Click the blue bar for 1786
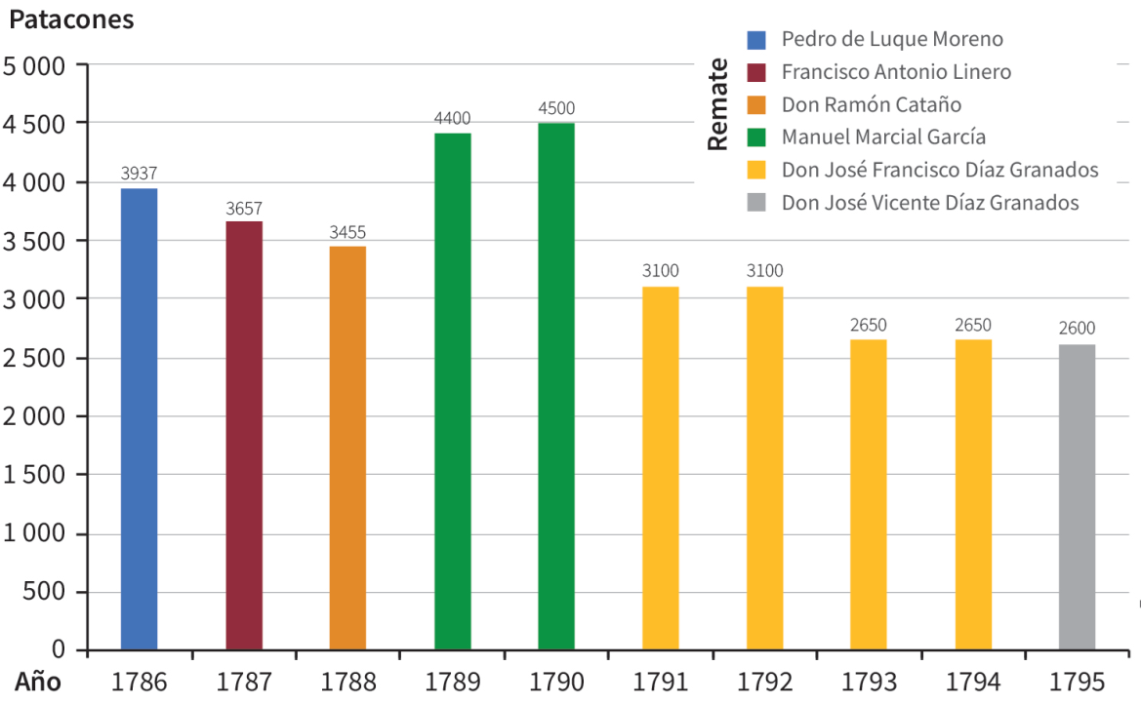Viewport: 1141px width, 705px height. (x=139, y=419)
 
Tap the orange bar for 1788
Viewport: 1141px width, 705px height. (x=347, y=448)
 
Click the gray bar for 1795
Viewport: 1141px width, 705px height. (x=1077, y=497)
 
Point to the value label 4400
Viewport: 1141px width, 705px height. (x=452, y=118)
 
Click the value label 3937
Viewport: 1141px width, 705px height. (x=139, y=174)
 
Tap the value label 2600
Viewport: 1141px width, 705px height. (x=1077, y=329)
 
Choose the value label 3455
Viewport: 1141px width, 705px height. (x=347, y=232)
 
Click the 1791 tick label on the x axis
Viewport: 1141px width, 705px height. (x=660, y=682)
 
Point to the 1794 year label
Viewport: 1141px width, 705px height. (x=972, y=682)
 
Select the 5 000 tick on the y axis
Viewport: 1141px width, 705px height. (x=33, y=66)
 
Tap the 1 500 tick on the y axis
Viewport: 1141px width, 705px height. (x=33, y=476)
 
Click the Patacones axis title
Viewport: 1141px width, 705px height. (x=71, y=20)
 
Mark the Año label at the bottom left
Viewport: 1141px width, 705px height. (x=37, y=682)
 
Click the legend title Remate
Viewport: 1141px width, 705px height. (x=717, y=104)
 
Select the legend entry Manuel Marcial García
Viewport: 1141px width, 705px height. (x=883, y=137)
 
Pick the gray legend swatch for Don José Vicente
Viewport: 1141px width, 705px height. (x=756, y=204)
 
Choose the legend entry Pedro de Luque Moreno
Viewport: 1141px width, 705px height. (x=892, y=39)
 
